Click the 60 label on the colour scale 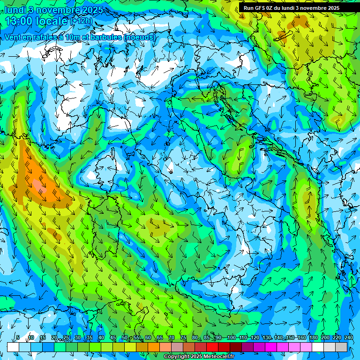tap(148, 337)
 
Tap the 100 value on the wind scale tap(231, 337)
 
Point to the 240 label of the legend tap(348, 337)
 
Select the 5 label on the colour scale tap(18, 337)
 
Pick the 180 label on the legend tap(313, 337)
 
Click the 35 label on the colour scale tap(89, 337)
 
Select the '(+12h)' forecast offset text tap(82, 21)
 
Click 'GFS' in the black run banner tap(261, 8)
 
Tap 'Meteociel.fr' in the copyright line tap(219, 357)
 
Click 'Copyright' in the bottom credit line tap(177, 357)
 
